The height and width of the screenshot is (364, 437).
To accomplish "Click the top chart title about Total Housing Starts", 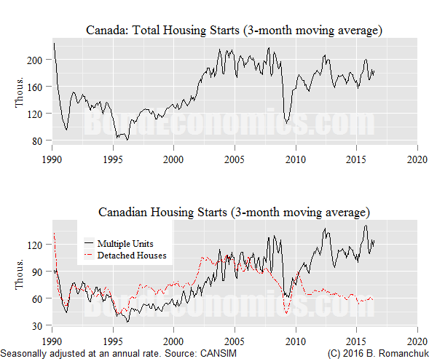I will point(234,30).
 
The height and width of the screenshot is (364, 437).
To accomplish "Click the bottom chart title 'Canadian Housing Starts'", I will point(234,213).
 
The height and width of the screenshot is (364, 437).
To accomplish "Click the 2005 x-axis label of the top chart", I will point(234,159).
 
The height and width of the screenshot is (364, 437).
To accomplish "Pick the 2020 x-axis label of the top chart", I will point(417,159).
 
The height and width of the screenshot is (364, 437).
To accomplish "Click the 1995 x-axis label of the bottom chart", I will point(112,341).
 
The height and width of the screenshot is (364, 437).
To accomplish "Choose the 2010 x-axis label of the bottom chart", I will point(295,341).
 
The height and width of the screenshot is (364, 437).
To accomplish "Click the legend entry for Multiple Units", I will point(125,242).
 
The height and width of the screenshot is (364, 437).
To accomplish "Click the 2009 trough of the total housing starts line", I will point(287,123).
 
